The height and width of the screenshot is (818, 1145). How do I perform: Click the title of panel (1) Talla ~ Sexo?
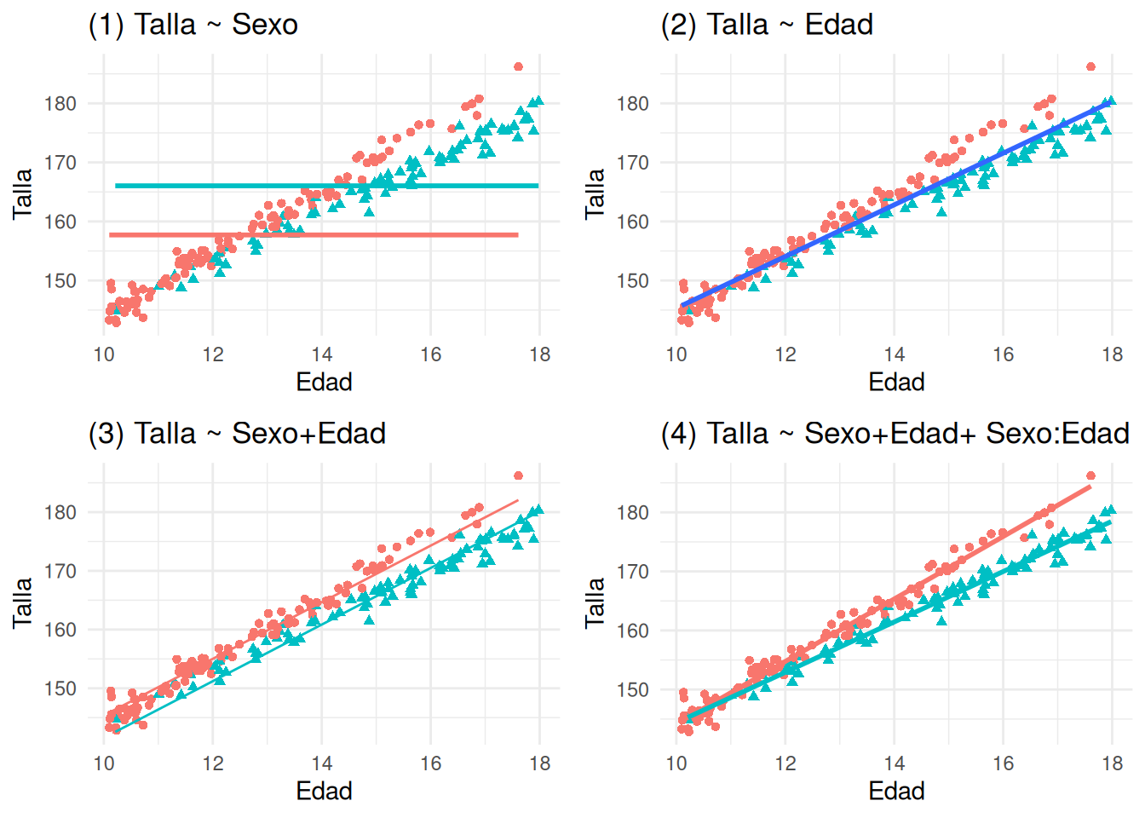click(x=193, y=25)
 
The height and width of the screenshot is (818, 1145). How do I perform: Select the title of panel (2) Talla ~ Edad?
click(x=767, y=25)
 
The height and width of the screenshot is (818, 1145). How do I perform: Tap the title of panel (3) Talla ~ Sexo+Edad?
click(x=237, y=434)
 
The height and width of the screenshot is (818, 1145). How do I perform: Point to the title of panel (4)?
click(x=895, y=434)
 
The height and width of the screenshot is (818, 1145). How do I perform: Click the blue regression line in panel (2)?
click(x=895, y=205)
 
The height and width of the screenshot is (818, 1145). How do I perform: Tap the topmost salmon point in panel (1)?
click(x=518, y=66)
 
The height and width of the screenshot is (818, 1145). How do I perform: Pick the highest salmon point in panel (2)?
click(x=1090, y=66)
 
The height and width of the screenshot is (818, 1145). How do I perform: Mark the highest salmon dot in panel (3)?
click(x=518, y=475)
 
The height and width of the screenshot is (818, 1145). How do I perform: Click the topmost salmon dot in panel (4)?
click(x=1090, y=475)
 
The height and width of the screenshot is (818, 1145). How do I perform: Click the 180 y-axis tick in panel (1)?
click(x=60, y=104)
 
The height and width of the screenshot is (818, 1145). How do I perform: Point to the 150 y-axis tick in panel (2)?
click(x=633, y=281)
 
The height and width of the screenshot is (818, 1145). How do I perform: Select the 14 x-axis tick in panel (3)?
click(x=322, y=763)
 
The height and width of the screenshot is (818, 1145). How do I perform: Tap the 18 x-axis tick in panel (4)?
click(x=1113, y=763)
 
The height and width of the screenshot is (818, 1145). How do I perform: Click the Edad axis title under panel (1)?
click(x=324, y=382)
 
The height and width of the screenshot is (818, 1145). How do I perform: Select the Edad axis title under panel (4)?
click(x=896, y=791)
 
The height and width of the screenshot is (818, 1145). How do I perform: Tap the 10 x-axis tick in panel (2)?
click(x=676, y=354)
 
